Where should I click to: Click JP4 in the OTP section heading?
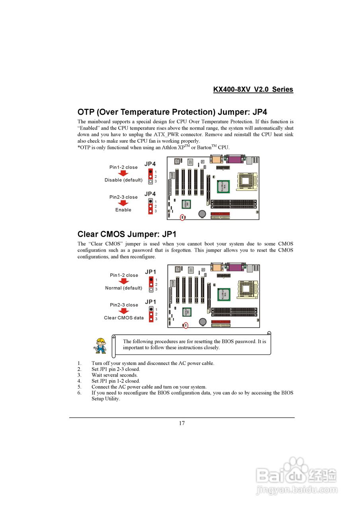[256, 112]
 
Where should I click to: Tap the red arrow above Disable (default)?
[124, 173]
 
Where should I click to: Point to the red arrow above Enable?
[124, 203]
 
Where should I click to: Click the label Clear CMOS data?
[124, 318]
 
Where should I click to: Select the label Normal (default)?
[123, 288]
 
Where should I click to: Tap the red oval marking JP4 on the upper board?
[182, 218]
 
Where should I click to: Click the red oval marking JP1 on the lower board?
[186, 326]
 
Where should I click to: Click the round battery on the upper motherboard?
[203, 214]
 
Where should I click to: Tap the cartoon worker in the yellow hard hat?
[100, 345]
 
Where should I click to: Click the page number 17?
[182, 423]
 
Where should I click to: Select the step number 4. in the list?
[80, 381]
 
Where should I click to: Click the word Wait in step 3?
[97, 375]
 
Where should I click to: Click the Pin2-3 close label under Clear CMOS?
[124, 305]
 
